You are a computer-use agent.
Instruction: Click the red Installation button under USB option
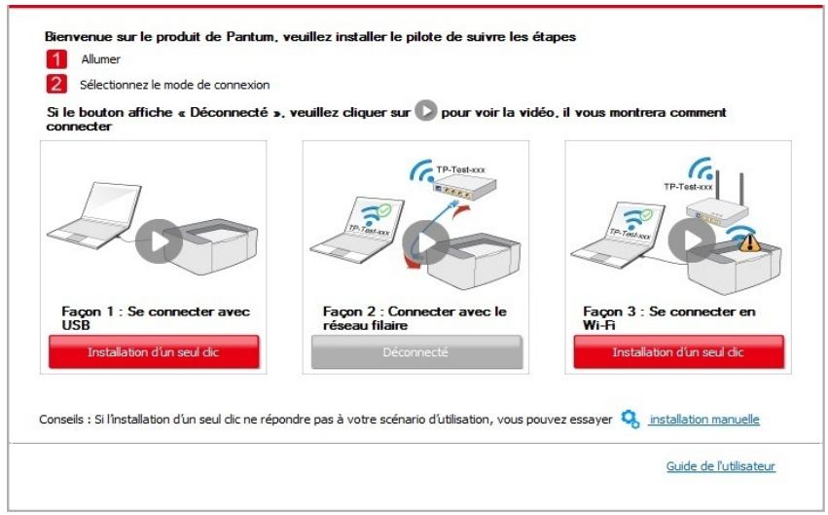[x=154, y=351]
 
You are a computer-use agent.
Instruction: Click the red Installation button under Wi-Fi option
[x=677, y=351]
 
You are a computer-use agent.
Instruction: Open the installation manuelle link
[x=703, y=420]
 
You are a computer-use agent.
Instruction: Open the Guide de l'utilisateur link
[x=720, y=467]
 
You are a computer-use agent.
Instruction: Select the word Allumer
[x=100, y=60]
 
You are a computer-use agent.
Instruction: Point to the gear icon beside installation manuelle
[x=630, y=420]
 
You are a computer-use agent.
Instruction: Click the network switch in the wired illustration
[x=449, y=174]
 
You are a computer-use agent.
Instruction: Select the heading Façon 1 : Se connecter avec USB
[x=156, y=317]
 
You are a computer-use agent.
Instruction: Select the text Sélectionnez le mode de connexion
[x=174, y=86]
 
